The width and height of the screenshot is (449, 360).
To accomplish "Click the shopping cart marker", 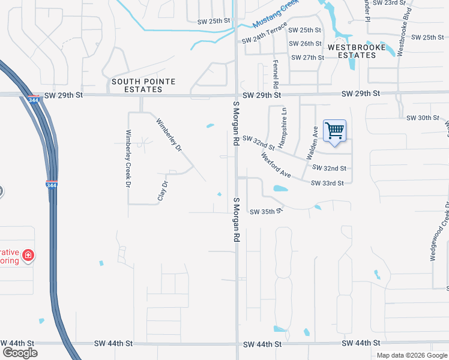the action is click(334, 131).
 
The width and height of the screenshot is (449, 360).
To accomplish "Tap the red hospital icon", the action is click(28, 257).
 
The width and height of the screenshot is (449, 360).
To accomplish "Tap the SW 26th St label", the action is click(306, 44).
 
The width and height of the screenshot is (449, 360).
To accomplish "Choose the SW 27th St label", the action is click(307, 58).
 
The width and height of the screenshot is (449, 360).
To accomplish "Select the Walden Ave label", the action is click(313, 142).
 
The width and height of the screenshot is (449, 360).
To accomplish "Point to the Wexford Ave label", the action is click(276, 165).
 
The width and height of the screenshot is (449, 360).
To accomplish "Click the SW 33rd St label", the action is click(327, 183).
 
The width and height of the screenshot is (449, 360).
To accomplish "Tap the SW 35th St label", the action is click(265, 212).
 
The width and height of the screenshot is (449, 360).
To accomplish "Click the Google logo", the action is click(20, 352).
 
